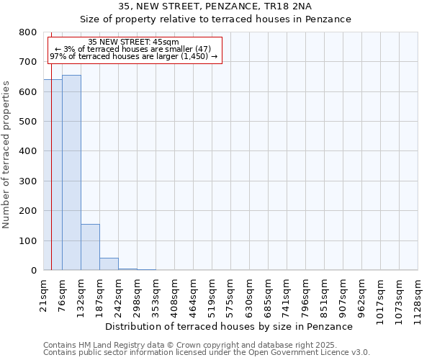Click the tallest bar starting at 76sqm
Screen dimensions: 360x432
click(x=71, y=173)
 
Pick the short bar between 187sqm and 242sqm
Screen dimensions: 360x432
click(x=109, y=264)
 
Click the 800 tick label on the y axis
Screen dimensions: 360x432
click(x=28, y=32)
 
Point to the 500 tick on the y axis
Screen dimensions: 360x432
click(x=28, y=122)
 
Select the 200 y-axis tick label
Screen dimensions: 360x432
click(x=28, y=211)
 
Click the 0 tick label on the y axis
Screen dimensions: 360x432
click(x=33, y=271)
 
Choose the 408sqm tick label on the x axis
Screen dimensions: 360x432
click(x=175, y=294)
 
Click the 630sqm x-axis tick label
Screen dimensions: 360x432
click(x=250, y=294)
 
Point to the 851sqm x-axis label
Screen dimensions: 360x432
click(x=325, y=294)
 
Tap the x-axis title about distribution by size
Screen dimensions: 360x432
click(x=234, y=326)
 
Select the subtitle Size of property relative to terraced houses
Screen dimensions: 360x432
click(x=215, y=19)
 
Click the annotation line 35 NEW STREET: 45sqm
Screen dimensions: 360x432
click(x=133, y=42)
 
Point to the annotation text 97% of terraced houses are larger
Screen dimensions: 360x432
click(x=133, y=56)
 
